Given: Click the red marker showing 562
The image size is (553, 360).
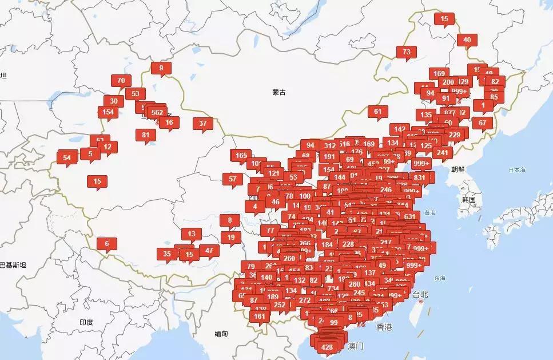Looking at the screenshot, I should [x=157, y=112].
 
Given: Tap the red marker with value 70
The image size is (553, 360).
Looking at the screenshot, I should [x=121, y=81].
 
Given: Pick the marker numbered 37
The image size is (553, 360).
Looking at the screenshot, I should [x=203, y=123].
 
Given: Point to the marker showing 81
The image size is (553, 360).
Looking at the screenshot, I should [x=146, y=135].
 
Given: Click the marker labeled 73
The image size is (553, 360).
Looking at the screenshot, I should [x=407, y=52].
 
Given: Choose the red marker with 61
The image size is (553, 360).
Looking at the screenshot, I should [x=378, y=112].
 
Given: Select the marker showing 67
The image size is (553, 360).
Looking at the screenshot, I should [x=483, y=122].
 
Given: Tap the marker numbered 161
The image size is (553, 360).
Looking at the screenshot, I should [x=260, y=316].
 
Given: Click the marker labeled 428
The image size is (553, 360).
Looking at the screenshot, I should [x=327, y=347].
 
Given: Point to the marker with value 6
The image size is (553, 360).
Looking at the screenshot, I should [x=106, y=243].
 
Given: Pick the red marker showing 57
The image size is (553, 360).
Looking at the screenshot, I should [x=233, y=179].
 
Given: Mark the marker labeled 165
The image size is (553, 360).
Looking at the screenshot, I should [x=241, y=155].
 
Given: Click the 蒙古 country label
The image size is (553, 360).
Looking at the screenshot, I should [x=279, y=92].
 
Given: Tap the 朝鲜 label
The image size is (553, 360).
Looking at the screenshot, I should [x=458, y=169].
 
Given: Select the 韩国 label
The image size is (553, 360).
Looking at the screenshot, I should [x=469, y=199].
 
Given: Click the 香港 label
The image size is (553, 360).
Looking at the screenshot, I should [x=384, y=327].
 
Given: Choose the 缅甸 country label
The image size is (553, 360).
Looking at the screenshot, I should [x=221, y=333].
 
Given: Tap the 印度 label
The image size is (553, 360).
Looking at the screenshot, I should [x=86, y=322].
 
